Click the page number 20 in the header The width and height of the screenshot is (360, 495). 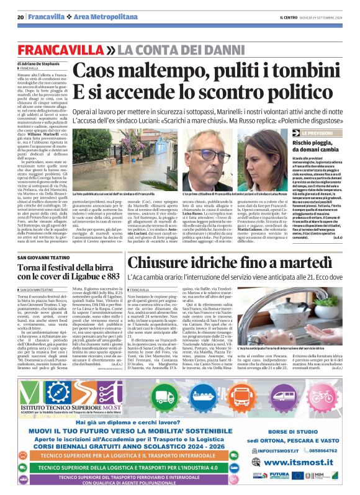[x=20, y=17]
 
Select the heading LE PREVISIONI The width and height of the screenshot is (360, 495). [x=315, y=133]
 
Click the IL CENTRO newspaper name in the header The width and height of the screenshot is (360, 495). [x=289, y=17]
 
